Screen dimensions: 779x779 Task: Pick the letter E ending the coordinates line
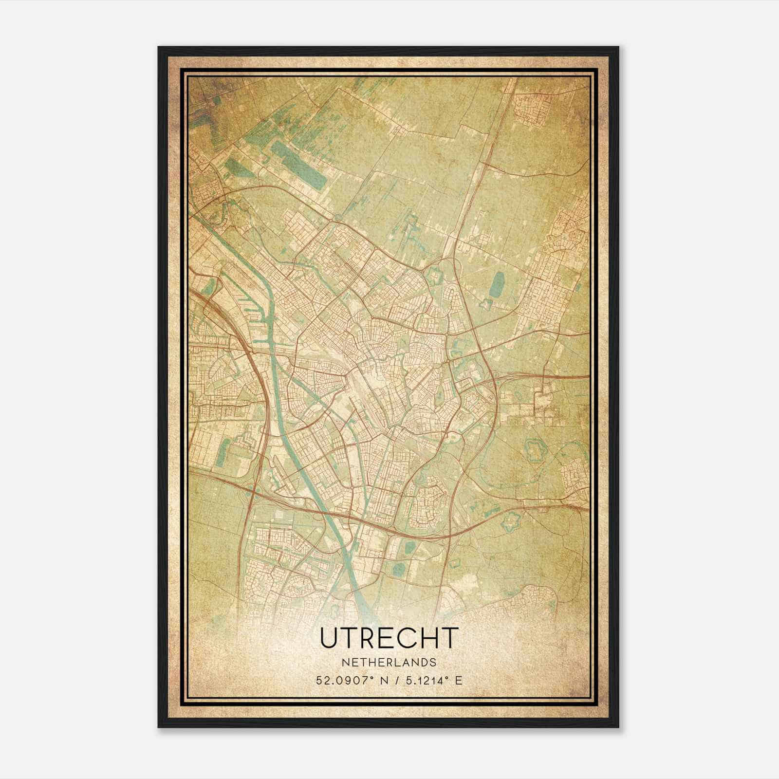coord(458,680)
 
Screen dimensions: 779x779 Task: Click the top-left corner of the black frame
coord(159,48)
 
